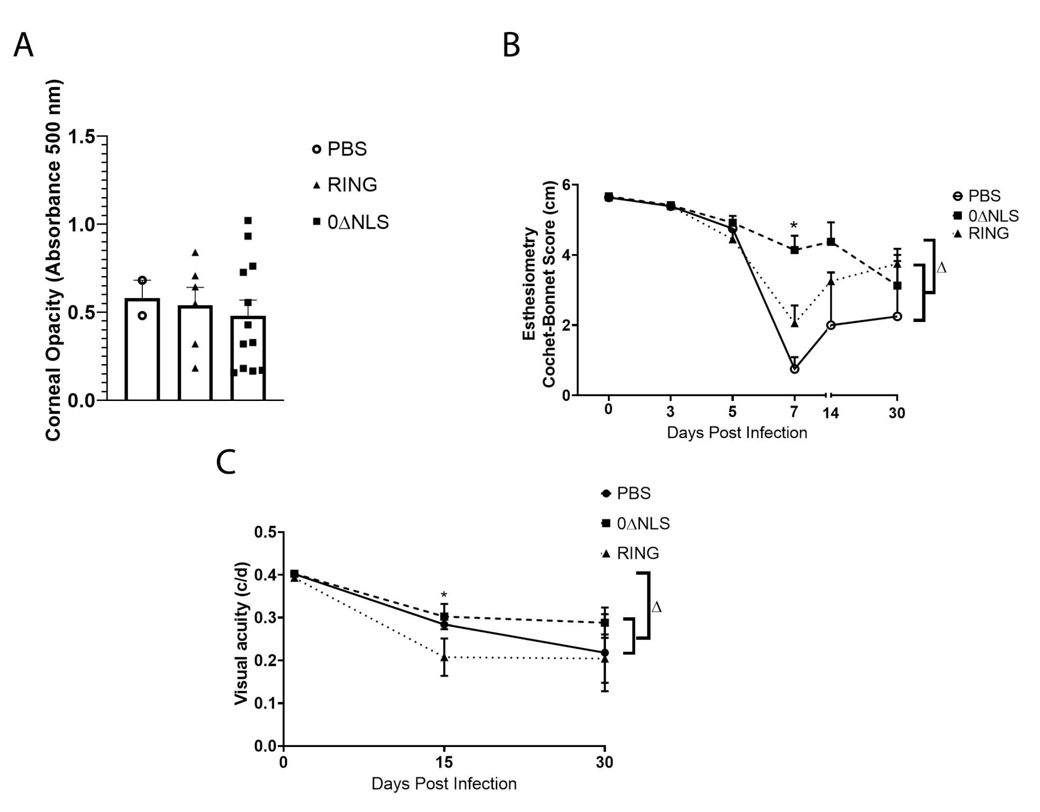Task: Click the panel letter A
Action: coord(23,46)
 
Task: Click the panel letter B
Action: coord(511,46)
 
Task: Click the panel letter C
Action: coord(226,462)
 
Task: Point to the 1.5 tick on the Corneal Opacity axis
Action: coord(81,137)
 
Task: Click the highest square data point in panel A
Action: coord(248,221)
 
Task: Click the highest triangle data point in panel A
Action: coord(195,253)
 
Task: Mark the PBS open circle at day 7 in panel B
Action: coord(794,368)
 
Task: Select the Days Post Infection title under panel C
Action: coord(444,783)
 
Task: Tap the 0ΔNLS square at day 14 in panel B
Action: coord(831,242)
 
